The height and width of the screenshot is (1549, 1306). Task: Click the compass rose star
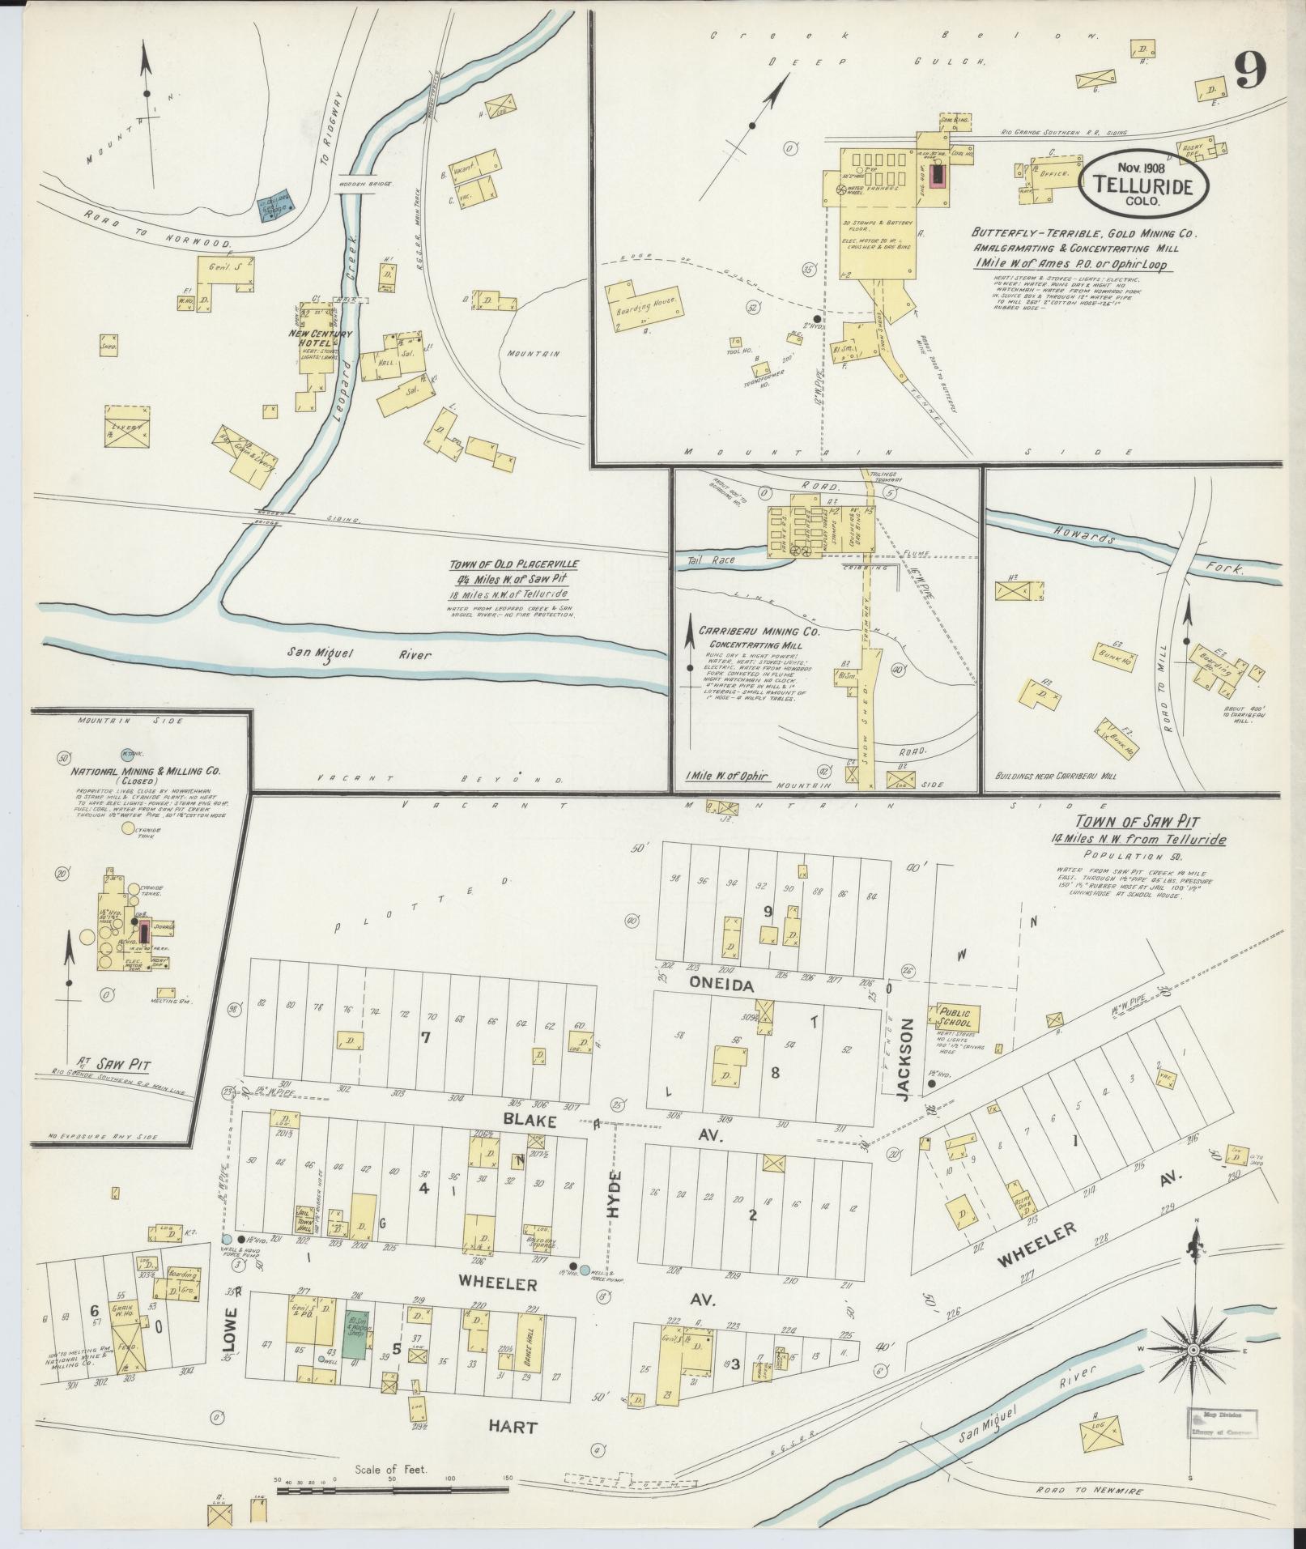pos(1193,1351)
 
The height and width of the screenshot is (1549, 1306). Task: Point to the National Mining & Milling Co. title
pos(147,772)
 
